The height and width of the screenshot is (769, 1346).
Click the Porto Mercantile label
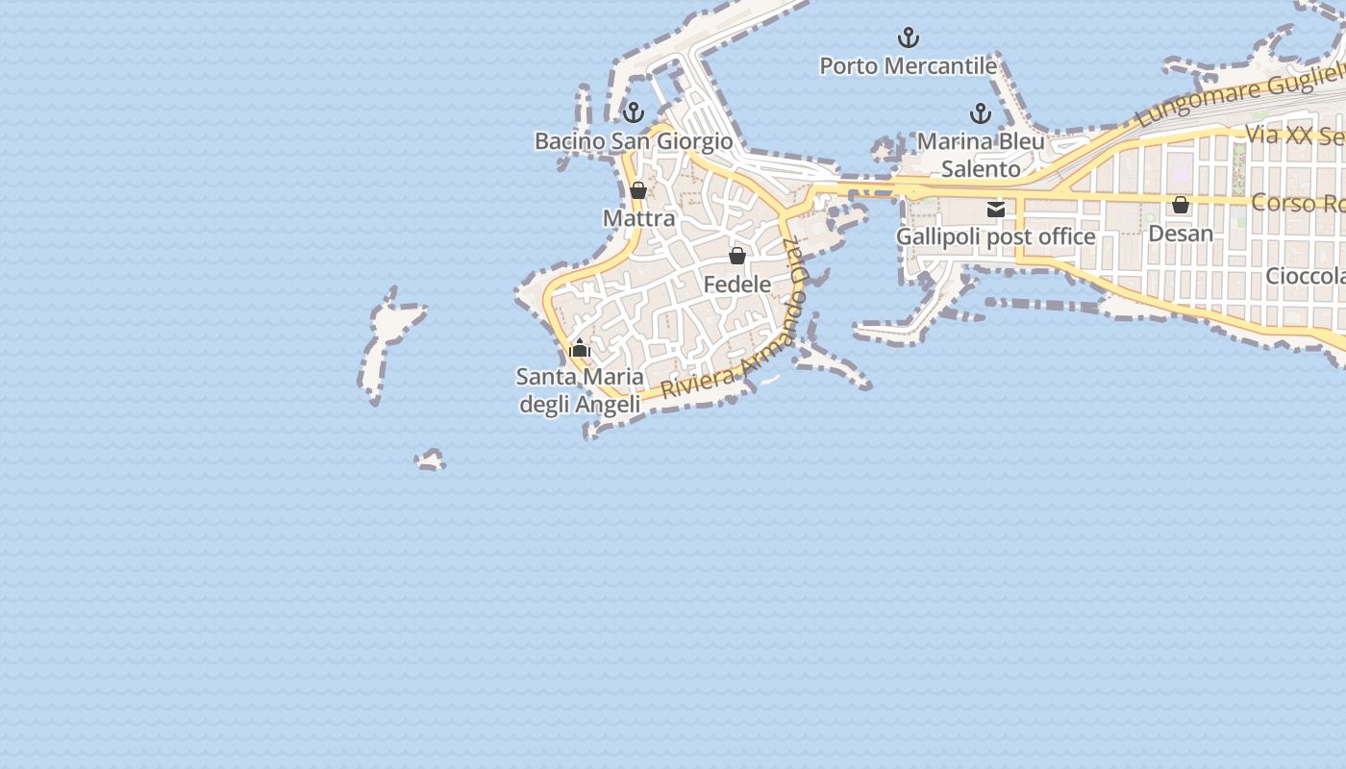pos(908,66)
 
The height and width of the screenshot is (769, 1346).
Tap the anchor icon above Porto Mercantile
pos(908,38)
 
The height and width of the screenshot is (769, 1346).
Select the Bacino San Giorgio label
pos(634,141)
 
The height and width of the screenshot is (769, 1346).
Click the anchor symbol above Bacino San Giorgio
pos(633,112)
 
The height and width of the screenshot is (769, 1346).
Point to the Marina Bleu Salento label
pos(981,155)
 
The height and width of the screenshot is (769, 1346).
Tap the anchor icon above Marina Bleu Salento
pos(980,114)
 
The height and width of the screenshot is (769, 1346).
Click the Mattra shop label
pos(639,218)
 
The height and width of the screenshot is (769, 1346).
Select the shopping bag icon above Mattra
pos(638,190)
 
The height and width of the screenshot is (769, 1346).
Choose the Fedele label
pos(737,285)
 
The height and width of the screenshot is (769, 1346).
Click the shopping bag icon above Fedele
pos(737,256)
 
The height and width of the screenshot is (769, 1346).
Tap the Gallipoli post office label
pos(995,236)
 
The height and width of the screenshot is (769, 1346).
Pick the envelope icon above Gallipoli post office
pos(996,209)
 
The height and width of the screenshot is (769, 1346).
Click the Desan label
pos(1181,234)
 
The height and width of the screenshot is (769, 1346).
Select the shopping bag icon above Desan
pos(1181,205)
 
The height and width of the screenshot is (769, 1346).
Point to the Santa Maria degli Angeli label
pos(580,390)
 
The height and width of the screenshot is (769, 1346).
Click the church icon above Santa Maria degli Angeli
pos(580,348)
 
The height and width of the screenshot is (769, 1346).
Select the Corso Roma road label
pos(1298,204)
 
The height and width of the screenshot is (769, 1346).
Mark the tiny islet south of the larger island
pos(431,459)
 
